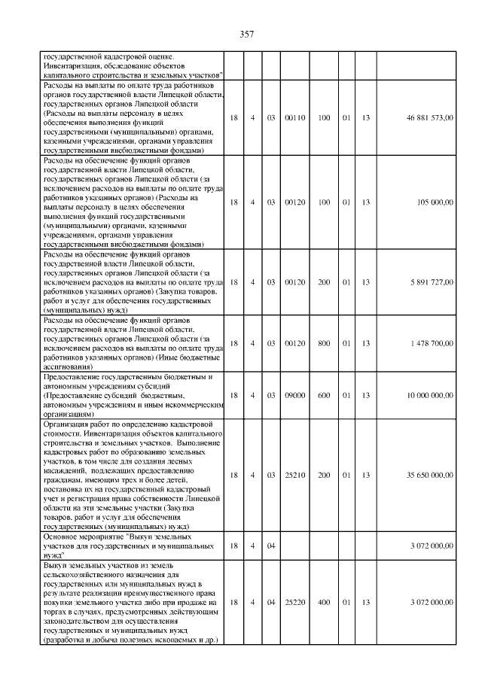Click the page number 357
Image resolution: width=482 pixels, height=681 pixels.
(x=246, y=35)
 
